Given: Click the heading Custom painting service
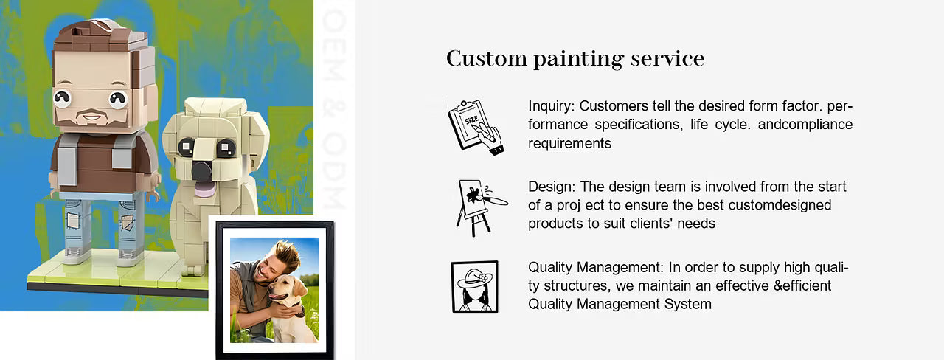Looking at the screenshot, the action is point(575,58).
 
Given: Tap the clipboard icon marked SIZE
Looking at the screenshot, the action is point(476,127).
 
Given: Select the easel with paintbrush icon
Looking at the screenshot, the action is point(481,207).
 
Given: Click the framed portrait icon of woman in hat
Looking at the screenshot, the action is point(474,287).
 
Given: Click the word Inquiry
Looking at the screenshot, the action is point(551,106).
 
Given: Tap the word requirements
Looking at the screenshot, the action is point(569,143).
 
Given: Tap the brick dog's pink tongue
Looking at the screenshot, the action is point(205,190).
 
